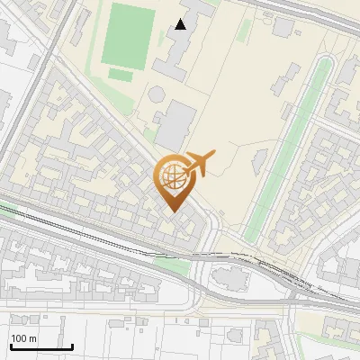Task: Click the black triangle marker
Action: pos(181,24)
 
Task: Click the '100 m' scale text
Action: pos(24,338)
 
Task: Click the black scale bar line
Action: pos(41,347)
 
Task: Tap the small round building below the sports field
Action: pos(157,93)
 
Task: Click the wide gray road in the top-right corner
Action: pos(306,11)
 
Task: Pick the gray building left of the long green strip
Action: pos(258,163)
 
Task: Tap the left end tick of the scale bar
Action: pos(11,346)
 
